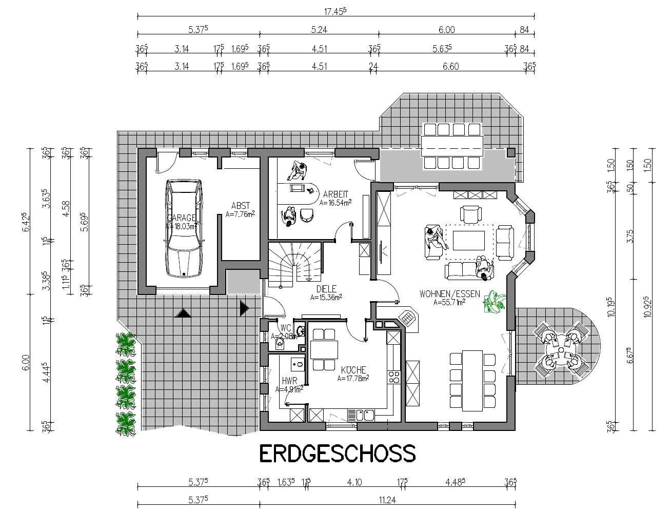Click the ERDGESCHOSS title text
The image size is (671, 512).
click(x=337, y=454)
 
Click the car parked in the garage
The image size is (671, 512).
click(x=183, y=229)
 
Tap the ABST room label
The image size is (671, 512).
click(x=240, y=206)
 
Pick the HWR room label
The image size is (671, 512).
click(x=289, y=381)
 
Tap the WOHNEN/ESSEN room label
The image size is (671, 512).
click(x=449, y=294)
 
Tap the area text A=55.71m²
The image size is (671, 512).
click(x=449, y=303)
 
